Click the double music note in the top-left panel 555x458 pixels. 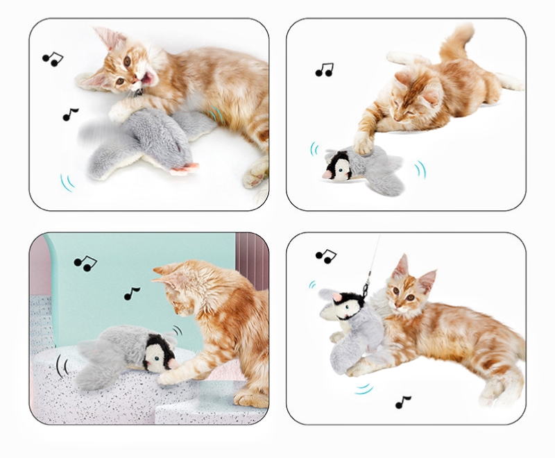(51, 58)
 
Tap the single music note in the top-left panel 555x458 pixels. (69, 114)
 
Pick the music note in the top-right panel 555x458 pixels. (324, 69)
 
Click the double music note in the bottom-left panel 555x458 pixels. (85, 263)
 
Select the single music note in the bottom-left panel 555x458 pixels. (132, 294)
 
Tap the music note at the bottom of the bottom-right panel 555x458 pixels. (402, 402)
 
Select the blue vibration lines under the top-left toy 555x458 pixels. (67, 183)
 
